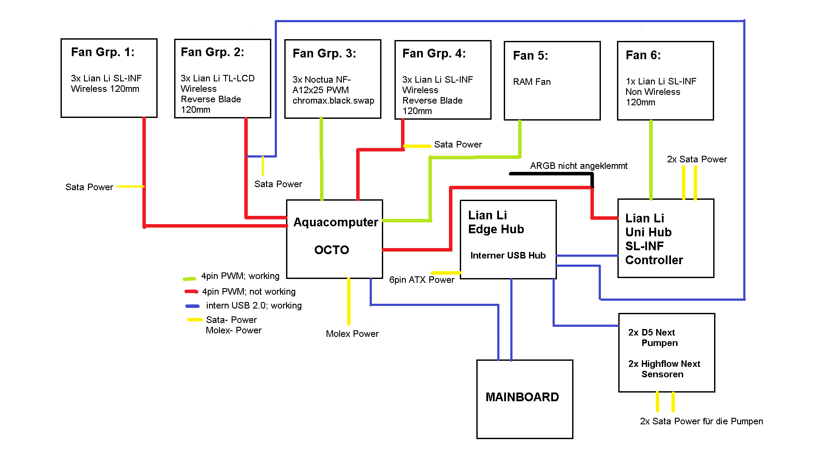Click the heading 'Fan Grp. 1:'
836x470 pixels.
pyautogui.click(x=103, y=52)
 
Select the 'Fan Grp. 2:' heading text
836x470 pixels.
pyautogui.click(x=212, y=52)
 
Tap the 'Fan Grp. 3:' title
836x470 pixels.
pyautogui.click(x=324, y=54)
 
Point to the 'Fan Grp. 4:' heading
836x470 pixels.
pyautogui.click(x=434, y=54)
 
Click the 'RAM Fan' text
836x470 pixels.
pyautogui.click(x=532, y=82)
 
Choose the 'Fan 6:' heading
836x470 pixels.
pyautogui.click(x=643, y=55)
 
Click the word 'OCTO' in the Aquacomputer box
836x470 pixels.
pyautogui.click(x=332, y=250)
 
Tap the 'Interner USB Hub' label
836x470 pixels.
pyautogui.click(x=508, y=255)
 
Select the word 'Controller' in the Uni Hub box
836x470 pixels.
pyautogui.click(x=654, y=260)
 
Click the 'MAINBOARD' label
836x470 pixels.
pyautogui.click(x=522, y=397)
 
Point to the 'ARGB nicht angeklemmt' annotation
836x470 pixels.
pyautogui.click(x=579, y=166)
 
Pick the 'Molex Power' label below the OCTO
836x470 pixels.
pyautogui.click(x=352, y=334)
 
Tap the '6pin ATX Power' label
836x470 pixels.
pyautogui.click(x=421, y=280)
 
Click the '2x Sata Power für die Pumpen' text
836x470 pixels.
pyautogui.click(x=701, y=421)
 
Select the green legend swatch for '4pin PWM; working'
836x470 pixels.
pyautogui.click(x=189, y=279)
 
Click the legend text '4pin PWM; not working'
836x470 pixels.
pyautogui.click(x=249, y=292)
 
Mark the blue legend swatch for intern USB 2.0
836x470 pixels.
pyautogui.click(x=192, y=306)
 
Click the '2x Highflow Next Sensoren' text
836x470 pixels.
pyautogui.click(x=664, y=369)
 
